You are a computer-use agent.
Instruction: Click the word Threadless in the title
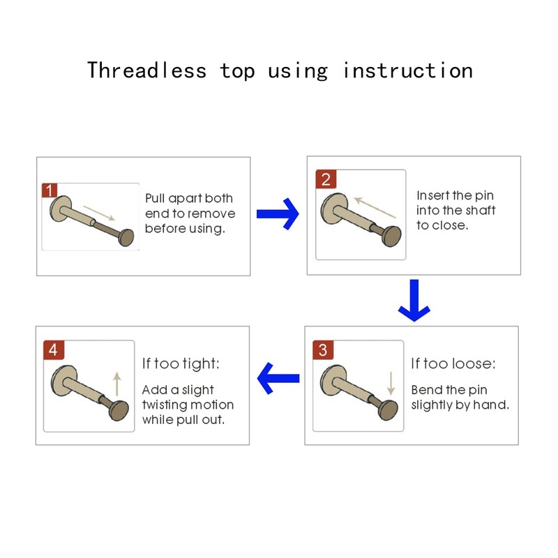coord(146,70)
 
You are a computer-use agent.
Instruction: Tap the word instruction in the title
coord(407,70)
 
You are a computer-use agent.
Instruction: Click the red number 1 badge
coord(50,190)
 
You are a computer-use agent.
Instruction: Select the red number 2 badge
coord(326,179)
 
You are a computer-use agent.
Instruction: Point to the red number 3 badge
coord(322,349)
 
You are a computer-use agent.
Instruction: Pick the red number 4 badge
coord(53,349)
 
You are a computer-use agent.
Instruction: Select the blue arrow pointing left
coord(278,379)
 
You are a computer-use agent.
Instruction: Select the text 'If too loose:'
coord(453,363)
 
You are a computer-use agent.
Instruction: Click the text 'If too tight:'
coord(181,363)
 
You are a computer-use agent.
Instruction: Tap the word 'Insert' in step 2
coord(433,196)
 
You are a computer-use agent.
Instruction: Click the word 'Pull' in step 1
coord(155,199)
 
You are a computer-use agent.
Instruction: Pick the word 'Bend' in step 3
coord(427,390)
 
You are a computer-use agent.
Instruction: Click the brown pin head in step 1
coord(126,238)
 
